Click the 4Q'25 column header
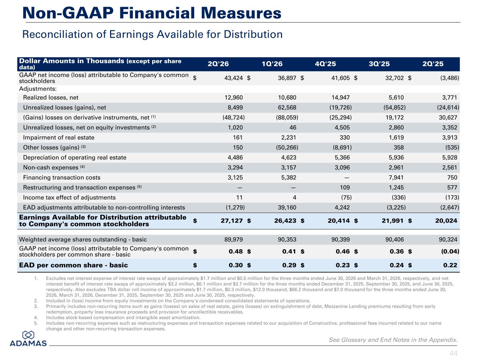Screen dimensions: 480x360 tap(325, 64)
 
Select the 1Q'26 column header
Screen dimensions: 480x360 tap(272, 64)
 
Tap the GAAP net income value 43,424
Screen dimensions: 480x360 tap(233, 78)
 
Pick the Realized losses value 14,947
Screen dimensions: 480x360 tap(341, 97)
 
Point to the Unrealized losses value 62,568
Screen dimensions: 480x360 tap(287, 108)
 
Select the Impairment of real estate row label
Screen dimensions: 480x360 tap(59, 137)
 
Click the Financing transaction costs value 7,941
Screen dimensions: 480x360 tap(396, 178)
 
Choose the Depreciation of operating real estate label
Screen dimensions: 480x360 tap(75, 157)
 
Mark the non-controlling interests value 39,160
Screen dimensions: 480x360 tap(287, 207)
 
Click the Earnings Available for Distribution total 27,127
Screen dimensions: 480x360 tap(232, 221)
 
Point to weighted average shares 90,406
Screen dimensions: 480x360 tap(395, 239)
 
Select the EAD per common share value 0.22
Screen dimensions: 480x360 tap(450, 265)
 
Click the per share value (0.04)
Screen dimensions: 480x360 tap(450, 251)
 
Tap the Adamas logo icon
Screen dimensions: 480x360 tap(28, 335)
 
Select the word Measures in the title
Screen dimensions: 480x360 tap(241, 13)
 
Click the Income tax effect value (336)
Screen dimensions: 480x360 tap(399, 198)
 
